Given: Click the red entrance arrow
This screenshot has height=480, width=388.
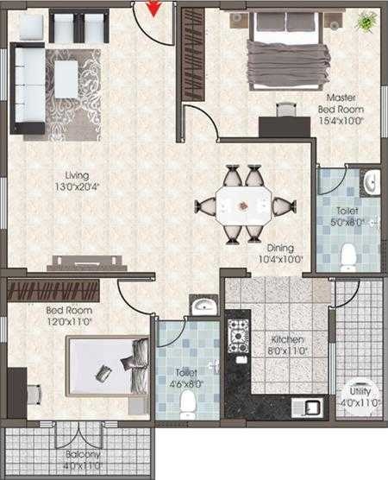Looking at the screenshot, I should (x=153, y=9).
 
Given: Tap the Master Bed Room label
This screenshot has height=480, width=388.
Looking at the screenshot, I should (x=342, y=109).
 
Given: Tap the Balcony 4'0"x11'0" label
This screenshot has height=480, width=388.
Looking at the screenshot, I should (x=80, y=459).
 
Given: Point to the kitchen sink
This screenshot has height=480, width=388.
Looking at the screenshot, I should (x=309, y=407).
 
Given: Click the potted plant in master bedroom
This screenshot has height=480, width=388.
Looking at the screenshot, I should (x=368, y=19).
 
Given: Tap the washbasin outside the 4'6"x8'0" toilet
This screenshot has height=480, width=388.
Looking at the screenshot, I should (x=203, y=306).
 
